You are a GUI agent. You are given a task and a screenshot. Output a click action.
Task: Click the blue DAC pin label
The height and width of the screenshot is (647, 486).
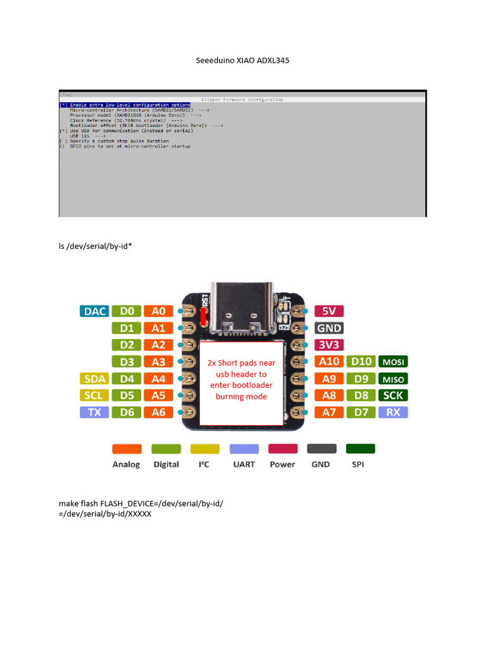coord(94,311)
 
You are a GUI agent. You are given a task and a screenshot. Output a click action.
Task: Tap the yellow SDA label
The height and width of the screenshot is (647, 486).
coord(94,378)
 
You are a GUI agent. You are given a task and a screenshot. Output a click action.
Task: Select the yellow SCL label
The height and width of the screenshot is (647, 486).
coord(94,396)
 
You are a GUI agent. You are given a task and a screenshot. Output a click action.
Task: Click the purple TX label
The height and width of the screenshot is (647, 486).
coord(94,413)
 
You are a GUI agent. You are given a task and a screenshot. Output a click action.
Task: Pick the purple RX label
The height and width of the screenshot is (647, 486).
coord(393,413)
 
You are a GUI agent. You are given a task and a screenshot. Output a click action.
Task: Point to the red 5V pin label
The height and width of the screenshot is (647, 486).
coord(329,311)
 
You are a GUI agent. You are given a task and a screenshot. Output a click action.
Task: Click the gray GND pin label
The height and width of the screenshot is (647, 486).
coord(329,328)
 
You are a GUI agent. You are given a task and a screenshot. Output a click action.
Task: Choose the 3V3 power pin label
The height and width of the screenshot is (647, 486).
coord(329,345)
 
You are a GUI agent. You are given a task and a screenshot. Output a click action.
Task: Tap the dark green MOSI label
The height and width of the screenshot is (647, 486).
coord(393,362)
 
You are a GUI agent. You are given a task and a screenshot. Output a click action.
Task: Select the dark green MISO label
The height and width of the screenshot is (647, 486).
coord(393,379)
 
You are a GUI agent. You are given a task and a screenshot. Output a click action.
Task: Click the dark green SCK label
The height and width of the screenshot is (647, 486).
coord(393,396)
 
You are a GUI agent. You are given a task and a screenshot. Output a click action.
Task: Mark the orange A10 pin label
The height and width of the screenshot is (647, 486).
coord(329,362)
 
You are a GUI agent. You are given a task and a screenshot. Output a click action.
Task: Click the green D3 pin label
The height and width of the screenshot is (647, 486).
coord(127,362)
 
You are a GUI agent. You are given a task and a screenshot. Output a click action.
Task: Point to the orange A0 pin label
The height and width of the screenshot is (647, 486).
coord(158,311)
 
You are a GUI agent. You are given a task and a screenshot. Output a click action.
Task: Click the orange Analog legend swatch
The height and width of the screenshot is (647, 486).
coord(126,449)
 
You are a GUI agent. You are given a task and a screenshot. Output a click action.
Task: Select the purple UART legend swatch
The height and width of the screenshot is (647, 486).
coord(244,449)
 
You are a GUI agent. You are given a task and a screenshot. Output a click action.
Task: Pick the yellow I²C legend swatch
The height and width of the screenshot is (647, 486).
coord(204,449)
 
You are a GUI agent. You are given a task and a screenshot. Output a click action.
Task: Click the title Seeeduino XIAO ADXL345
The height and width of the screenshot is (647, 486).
coord(242,61)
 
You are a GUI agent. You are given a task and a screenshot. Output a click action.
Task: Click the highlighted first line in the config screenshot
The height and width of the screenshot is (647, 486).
coord(124,105)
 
